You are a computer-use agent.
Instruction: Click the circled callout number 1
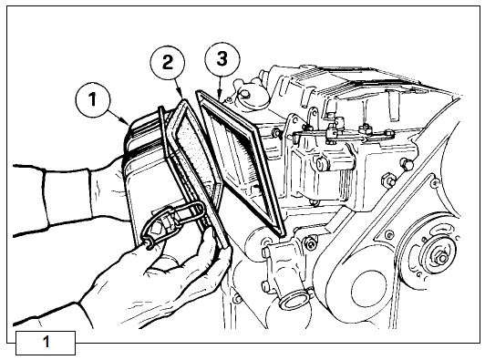point(92,100)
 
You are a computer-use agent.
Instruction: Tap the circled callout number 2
point(168,63)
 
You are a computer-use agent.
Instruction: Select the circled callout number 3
point(222,59)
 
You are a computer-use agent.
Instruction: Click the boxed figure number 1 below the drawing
point(46,343)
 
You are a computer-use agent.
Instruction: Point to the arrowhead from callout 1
point(128,123)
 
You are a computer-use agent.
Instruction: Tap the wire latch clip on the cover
point(172,222)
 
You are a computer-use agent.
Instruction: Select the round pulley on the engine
point(433,254)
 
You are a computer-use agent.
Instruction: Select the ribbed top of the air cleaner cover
point(145,131)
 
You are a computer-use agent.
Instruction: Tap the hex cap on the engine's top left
point(246,94)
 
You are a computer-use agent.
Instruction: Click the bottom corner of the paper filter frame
point(282,234)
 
